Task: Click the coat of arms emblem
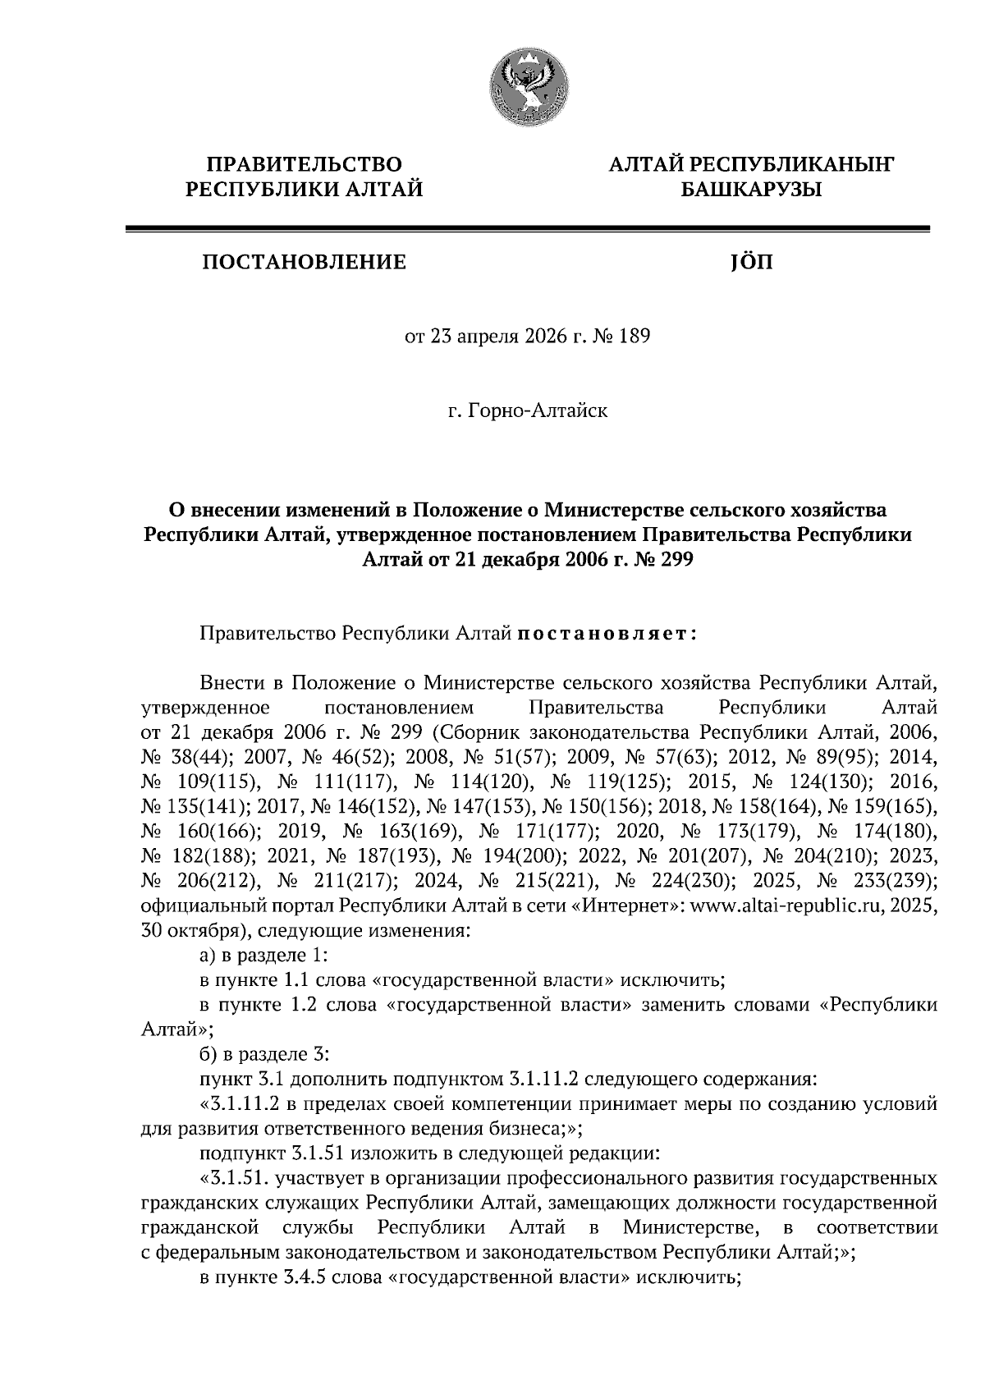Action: (527, 85)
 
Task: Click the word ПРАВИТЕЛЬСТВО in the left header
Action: (304, 164)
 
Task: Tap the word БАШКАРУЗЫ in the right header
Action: (750, 190)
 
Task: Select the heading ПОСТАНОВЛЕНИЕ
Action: (304, 262)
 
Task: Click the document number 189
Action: (633, 337)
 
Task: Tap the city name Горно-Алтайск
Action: (538, 410)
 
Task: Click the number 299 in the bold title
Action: (675, 560)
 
